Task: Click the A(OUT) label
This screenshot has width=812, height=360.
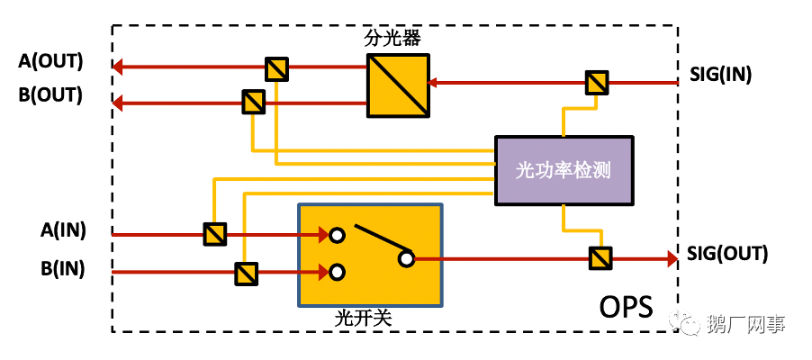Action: (50, 62)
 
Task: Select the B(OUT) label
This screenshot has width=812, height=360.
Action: (50, 94)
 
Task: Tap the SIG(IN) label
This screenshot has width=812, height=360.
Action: (721, 73)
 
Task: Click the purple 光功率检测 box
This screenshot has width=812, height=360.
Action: (564, 170)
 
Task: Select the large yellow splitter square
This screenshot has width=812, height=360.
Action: (397, 85)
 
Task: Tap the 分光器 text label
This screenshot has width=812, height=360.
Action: (392, 39)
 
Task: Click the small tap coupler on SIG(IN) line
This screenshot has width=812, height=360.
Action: (596, 83)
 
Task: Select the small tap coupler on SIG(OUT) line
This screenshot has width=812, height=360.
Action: (600, 258)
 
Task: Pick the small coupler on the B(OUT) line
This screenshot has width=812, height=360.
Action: (254, 102)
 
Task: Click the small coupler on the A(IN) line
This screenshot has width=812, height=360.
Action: (214, 235)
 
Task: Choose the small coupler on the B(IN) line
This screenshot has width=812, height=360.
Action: (246, 272)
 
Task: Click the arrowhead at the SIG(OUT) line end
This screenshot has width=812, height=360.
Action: (671, 258)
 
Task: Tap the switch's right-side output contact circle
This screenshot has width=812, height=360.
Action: (406, 259)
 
